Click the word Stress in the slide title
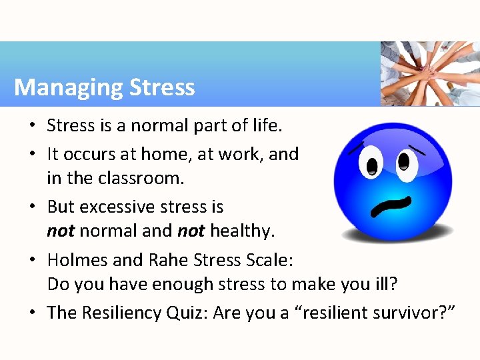pyautogui.click(x=162, y=87)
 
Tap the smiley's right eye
pyautogui.click(x=404, y=160)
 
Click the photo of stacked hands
pyautogui.click(x=429, y=73)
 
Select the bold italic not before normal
pyautogui.click(x=61, y=231)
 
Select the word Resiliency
pyautogui.click(x=124, y=312)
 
